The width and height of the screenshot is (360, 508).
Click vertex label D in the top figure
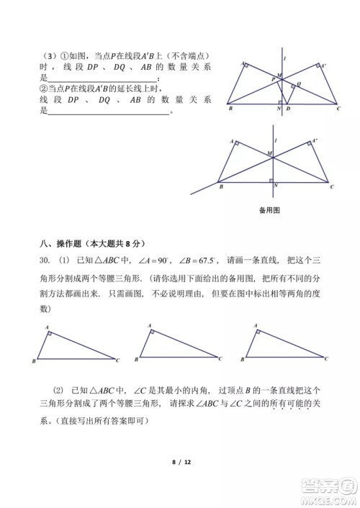[x=288, y=109]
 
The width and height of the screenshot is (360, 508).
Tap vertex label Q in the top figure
[x=299, y=83]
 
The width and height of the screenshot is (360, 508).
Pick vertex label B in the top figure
[x=229, y=109]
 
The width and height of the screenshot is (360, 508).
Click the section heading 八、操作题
[x=58, y=244]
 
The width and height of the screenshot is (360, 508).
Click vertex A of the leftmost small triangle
[x=48, y=327]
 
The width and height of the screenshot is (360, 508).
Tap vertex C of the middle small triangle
[x=220, y=358]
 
